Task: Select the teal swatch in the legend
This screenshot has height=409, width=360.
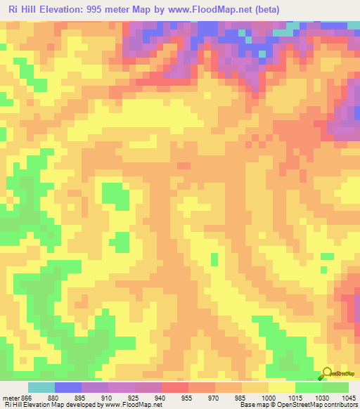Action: [x=41, y=387]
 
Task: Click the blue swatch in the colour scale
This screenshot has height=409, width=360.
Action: [x=68, y=387]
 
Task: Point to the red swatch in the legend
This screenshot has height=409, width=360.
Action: [x=175, y=387]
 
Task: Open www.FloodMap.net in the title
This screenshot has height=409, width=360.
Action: [x=201, y=9]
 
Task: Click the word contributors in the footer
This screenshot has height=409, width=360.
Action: [x=340, y=405]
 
